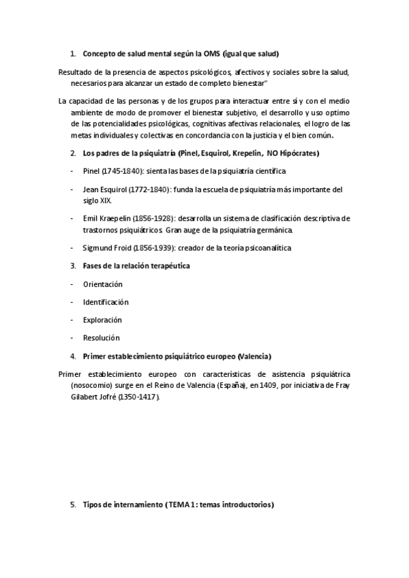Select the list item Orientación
point(102,284)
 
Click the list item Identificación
point(106,301)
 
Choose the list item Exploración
point(102,320)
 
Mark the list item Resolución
point(101,337)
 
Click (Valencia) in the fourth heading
point(254,356)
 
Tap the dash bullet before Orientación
point(73,284)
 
